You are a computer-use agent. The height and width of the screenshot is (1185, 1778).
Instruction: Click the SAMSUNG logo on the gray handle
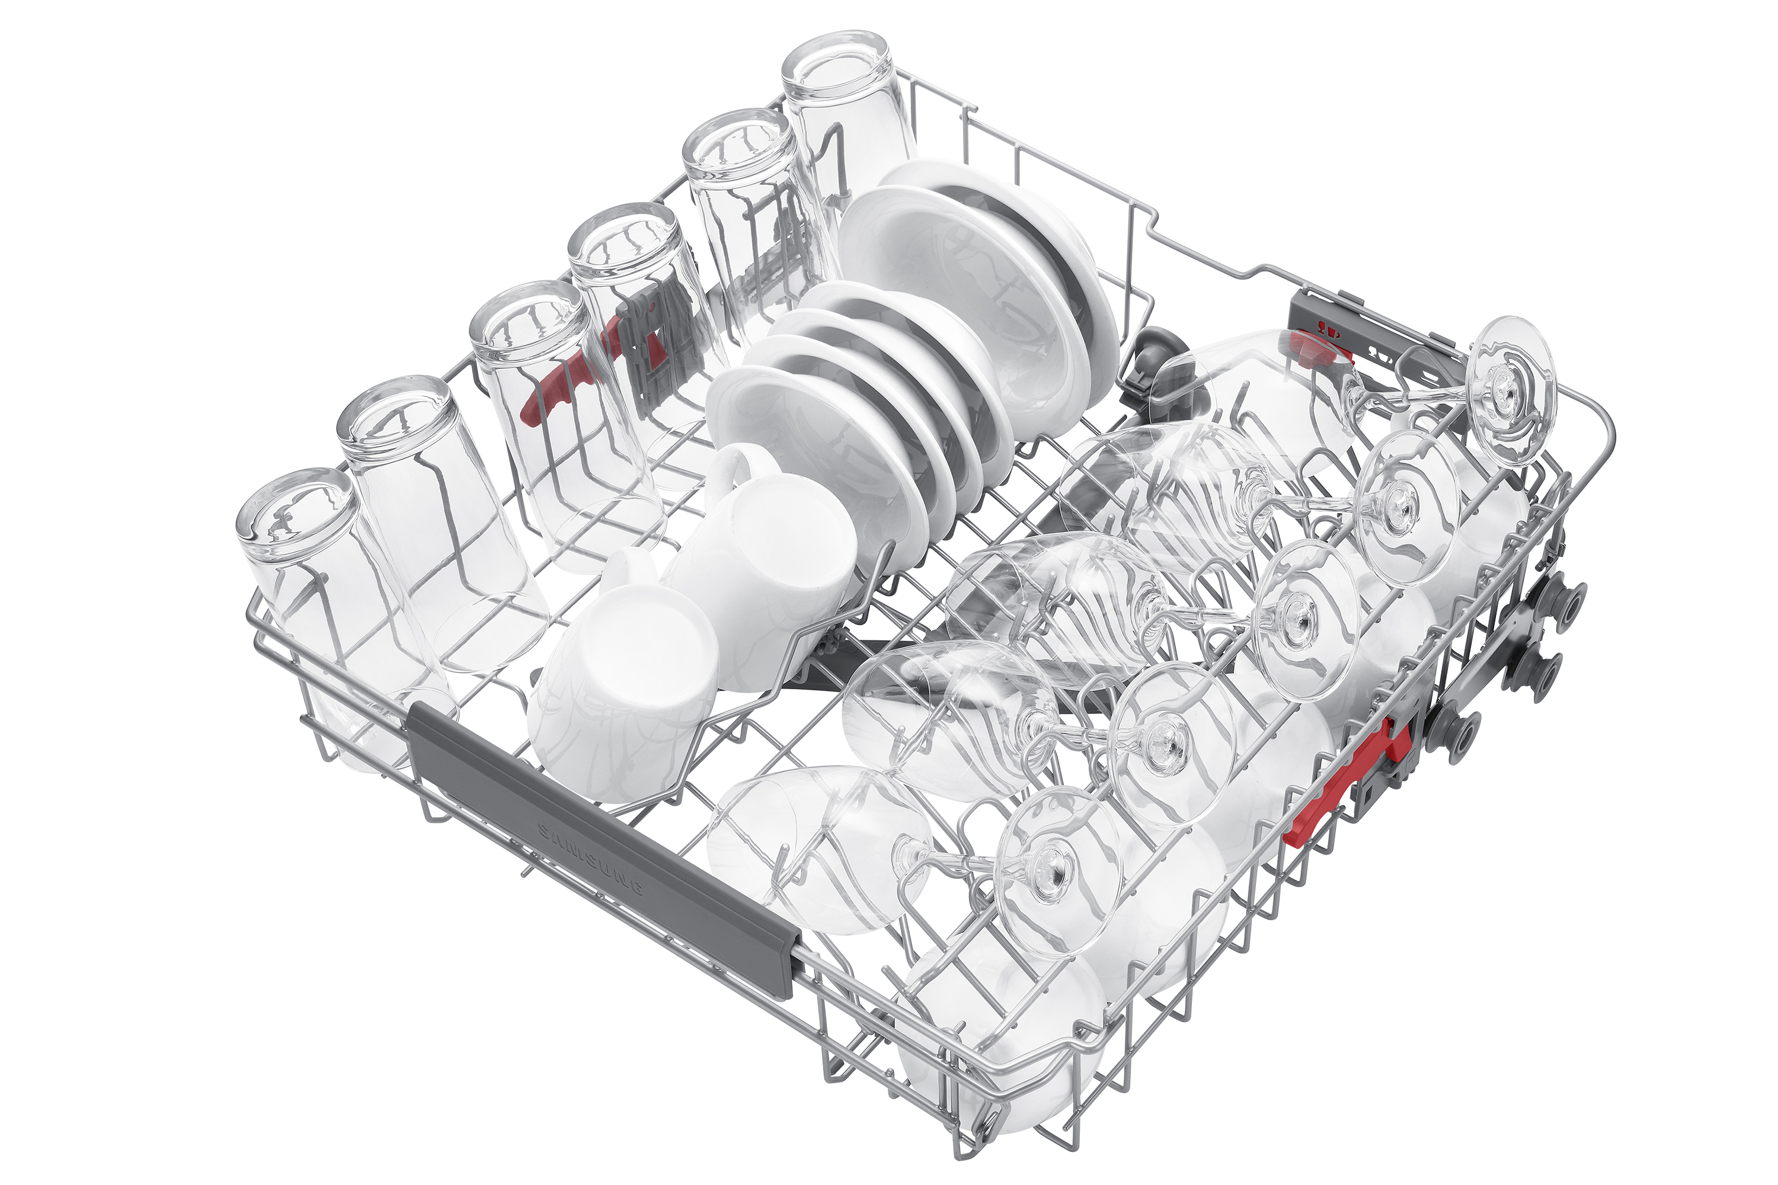pyautogui.click(x=590, y=859)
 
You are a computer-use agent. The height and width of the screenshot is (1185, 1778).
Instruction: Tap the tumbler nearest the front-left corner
pyautogui.click(x=332, y=612)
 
